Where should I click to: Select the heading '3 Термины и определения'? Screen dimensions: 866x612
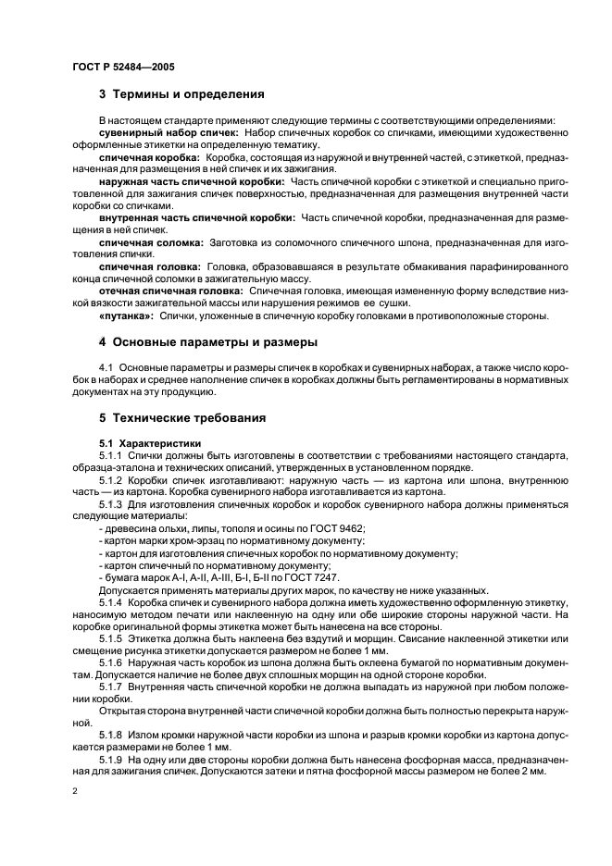click(181, 94)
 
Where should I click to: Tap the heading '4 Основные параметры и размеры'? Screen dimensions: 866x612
click(207, 341)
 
